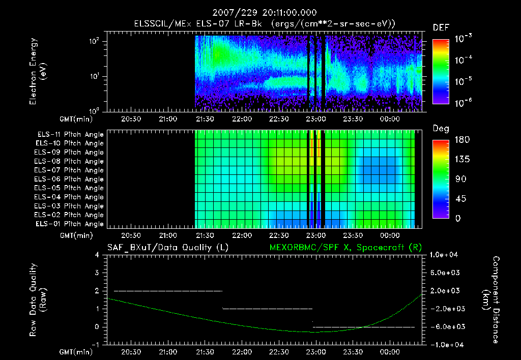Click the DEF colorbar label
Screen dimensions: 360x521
pyautogui.click(x=440, y=28)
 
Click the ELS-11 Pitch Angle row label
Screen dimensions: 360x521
pyautogui.click(x=70, y=134)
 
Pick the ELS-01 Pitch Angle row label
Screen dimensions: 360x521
pyautogui.click(x=70, y=224)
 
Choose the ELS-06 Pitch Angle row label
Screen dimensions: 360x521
pyautogui.click(x=70, y=179)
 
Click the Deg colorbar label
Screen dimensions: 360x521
pyautogui.click(x=440, y=129)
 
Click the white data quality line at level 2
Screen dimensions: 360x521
pyautogui.click(x=168, y=291)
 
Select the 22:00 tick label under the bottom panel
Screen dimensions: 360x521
pyautogui.click(x=242, y=351)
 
